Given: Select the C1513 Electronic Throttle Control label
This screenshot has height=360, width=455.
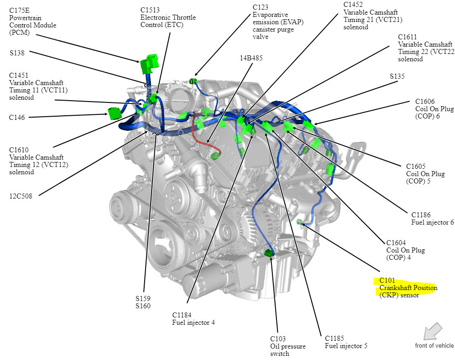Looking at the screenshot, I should [168, 17].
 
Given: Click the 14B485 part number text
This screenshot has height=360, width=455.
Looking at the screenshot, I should [251, 58].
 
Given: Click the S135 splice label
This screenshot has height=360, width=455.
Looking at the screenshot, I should [397, 76].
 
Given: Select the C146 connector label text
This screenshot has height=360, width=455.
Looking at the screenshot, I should [17, 118].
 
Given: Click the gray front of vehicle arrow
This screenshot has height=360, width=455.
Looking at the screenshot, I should [432, 331].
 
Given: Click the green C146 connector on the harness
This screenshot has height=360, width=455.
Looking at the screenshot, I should [114, 113].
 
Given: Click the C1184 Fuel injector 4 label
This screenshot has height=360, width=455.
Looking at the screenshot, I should [193, 318].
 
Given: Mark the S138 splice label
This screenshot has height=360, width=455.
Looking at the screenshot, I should [17, 53].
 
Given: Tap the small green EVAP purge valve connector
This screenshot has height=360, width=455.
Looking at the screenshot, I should [193, 81].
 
